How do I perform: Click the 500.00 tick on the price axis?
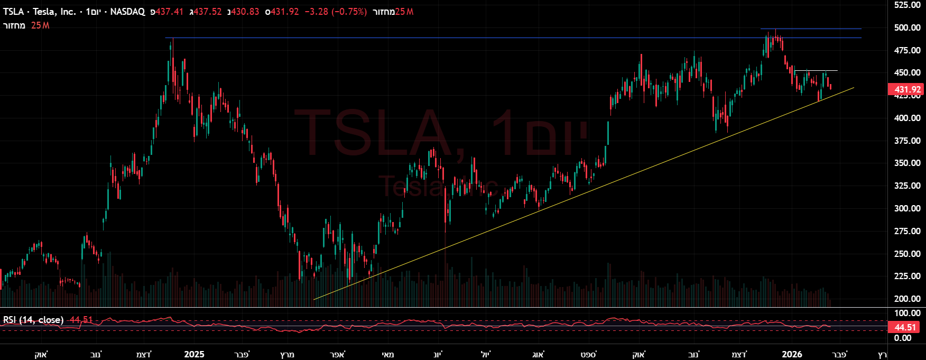click(x=907, y=27)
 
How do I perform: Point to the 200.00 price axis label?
click(x=907, y=299)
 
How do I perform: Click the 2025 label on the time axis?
click(x=194, y=354)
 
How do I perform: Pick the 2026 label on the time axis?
click(x=792, y=354)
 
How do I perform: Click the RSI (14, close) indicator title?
click(x=33, y=320)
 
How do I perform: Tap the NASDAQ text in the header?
click(x=127, y=12)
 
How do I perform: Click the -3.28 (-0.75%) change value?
click(x=336, y=12)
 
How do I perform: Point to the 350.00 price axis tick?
click(x=907, y=163)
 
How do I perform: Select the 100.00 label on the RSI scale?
click(x=907, y=313)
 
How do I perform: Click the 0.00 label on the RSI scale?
click(x=903, y=338)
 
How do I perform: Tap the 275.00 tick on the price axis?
click(x=907, y=231)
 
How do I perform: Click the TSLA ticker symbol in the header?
click(x=13, y=12)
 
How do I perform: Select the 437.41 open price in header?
click(x=169, y=12)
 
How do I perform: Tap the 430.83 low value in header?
click(x=245, y=12)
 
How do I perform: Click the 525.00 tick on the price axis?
click(x=907, y=5)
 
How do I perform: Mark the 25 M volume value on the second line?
click(x=40, y=25)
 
